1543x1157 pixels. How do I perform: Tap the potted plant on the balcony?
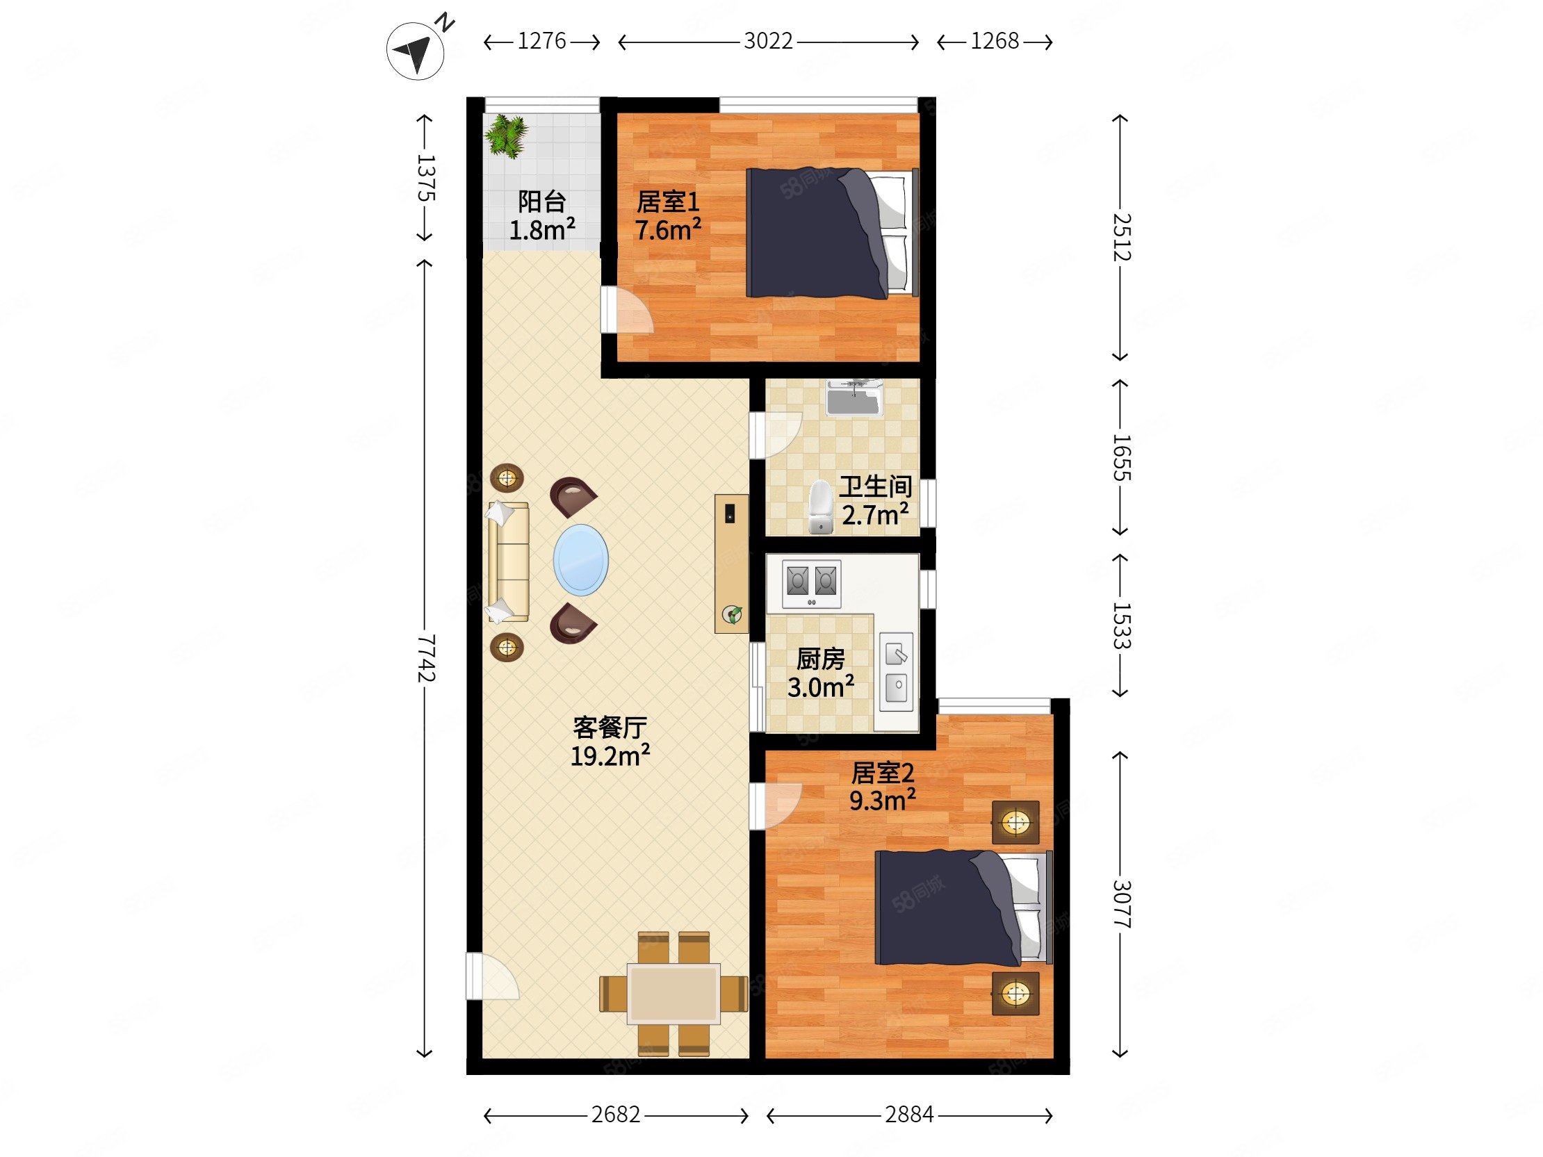[x=507, y=136]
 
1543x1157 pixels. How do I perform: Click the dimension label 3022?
[x=768, y=42]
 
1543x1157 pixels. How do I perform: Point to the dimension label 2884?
[x=909, y=1115]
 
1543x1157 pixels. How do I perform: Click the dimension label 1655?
[x=1120, y=457]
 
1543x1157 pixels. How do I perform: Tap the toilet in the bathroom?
[x=821, y=507]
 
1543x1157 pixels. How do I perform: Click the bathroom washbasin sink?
[x=854, y=398]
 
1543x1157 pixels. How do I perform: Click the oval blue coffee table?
[x=580, y=560]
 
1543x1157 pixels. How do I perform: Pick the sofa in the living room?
[x=508, y=561]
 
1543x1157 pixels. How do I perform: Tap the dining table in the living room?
[x=673, y=993]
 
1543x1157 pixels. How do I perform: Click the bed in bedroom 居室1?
[x=831, y=233]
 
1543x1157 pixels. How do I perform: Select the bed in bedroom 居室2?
[x=963, y=908]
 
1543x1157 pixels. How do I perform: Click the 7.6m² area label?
[x=667, y=229]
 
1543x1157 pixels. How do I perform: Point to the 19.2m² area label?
[x=610, y=755]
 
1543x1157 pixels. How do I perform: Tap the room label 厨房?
[x=820, y=658]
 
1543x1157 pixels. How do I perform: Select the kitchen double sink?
[x=897, y=671]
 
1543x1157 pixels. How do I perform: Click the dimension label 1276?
[x=541, y=42]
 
